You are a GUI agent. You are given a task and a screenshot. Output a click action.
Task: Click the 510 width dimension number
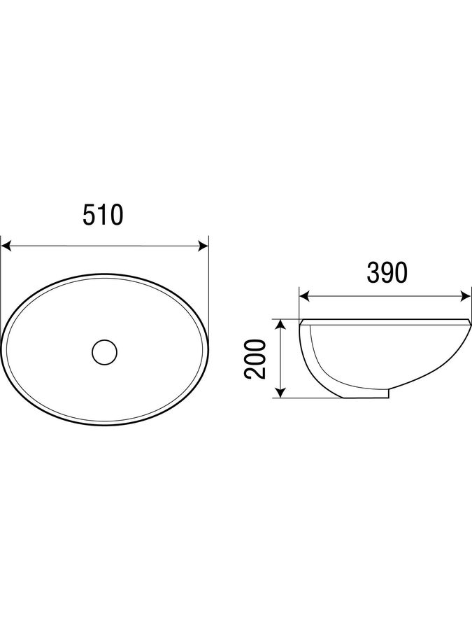coord(102,215)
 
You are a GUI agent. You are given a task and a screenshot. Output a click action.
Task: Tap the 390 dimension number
coord(387,273)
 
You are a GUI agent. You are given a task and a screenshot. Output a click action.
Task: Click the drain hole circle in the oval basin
coord(104,352)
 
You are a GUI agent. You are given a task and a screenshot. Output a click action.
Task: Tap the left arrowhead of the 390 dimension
coord(304,297)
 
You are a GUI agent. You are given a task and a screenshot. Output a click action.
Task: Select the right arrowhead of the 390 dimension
coord(466,297)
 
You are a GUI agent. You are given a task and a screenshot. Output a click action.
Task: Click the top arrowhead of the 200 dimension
coord(281,325)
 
